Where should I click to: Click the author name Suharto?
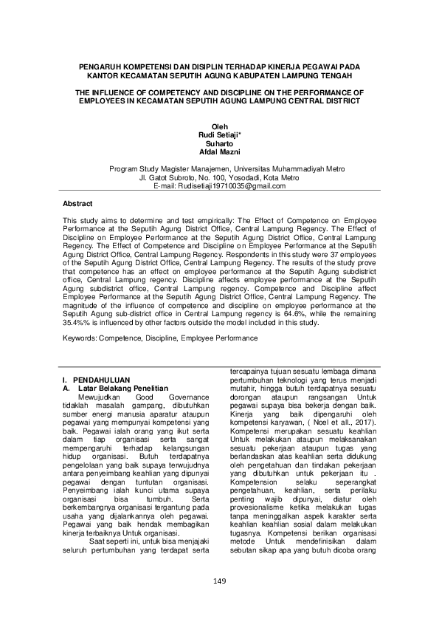219,143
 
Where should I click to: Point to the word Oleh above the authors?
219,128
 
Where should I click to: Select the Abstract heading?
77,202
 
